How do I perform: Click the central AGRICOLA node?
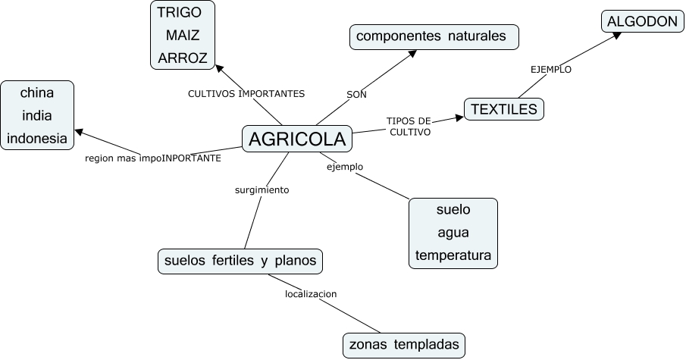(297, 139)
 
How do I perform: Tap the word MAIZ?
(183, 35)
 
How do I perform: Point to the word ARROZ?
(183, 58)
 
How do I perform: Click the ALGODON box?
(641, 21)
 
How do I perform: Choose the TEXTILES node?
(503, 109)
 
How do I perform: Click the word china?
(37, 93)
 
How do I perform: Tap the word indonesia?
(37, 138)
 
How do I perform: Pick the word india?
(37, 116)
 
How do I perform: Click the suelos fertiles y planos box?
(240, 261)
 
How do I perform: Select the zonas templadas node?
(404, 345)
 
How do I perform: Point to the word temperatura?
(453, 255)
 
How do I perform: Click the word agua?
(453, 232)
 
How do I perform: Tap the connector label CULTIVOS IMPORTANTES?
(246, 94)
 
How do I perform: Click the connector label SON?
(356, 95)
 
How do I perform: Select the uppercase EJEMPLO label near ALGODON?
(550, 69)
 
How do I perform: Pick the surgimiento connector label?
(262, 190)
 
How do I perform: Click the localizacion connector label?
(311, 293)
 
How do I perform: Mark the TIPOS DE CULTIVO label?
(409, 126)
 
